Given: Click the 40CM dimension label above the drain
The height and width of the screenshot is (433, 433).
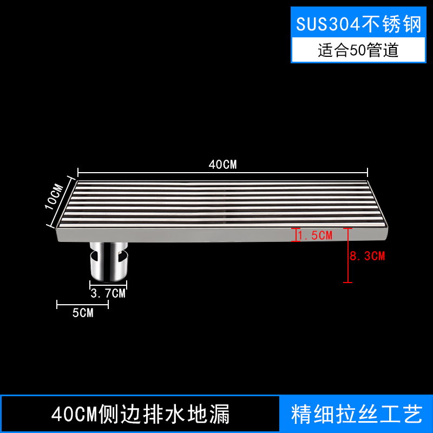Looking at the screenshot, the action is (x=222, y=165).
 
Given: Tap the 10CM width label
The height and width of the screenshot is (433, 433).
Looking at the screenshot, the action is (x=55, y=197).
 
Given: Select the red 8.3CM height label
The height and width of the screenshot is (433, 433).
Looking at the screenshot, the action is (x=368, y=256).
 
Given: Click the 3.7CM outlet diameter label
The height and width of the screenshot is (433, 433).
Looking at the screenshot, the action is (x=108, y=294).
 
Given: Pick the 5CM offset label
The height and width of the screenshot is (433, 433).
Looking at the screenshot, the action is (x=82, y=313).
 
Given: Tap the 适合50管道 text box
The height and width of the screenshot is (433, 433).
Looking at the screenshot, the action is (x=358, y=50).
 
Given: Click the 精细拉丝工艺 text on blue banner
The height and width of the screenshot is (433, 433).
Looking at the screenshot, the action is (x=356, y=415).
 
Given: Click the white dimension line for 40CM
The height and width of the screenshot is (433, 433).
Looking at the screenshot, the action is (x=222, y=173).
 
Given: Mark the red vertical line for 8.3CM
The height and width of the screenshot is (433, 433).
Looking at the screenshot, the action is (x=348, y=255).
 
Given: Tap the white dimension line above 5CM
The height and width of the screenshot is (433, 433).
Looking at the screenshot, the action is (x=82, y=304).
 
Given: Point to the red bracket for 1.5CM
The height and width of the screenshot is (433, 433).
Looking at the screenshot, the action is (x=295, y=235).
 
